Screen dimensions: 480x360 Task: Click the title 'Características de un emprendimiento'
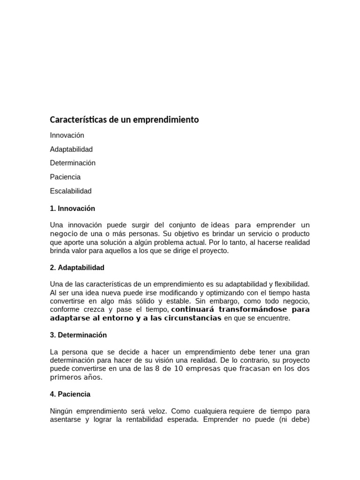point(124,120)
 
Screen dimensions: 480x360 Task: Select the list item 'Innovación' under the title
point(67,135)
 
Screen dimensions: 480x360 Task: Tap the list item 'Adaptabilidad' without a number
point(71,150)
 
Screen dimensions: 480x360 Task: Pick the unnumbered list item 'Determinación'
point(73,163)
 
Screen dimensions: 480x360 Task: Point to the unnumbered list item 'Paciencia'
point(65,177)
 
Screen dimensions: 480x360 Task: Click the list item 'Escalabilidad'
point(71,191)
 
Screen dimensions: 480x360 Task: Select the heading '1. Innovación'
point(72,209)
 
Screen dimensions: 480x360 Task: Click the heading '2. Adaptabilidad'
point(77,268)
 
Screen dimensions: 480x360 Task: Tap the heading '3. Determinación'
point(78,335)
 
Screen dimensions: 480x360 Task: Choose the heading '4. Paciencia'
point(70,394)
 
